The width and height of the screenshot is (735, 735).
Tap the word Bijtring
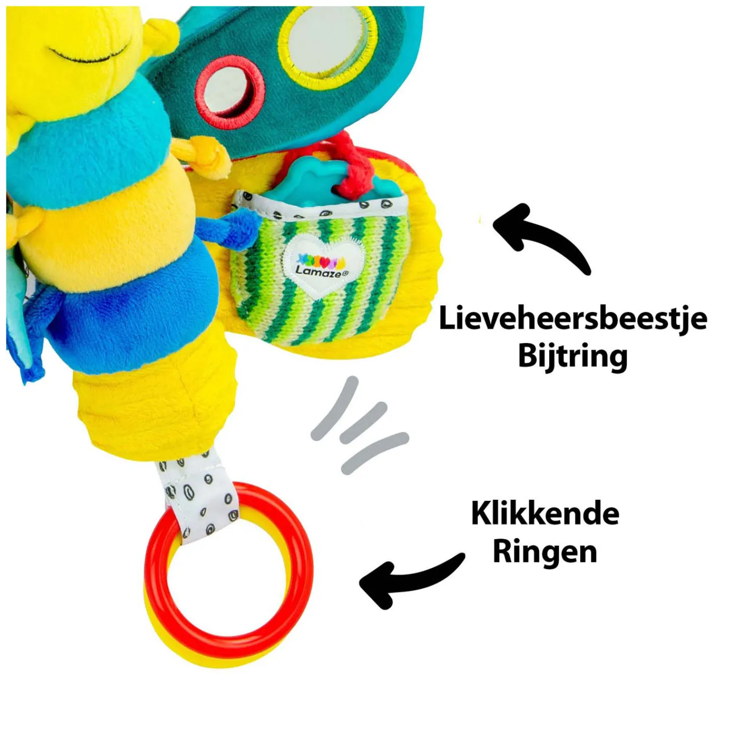click(x=572, y=356)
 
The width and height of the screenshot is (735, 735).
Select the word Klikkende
click(x=545, y=514)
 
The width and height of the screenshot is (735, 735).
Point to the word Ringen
click(x=545, y=552)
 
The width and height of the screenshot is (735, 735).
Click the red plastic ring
click(x=229, y=563)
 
